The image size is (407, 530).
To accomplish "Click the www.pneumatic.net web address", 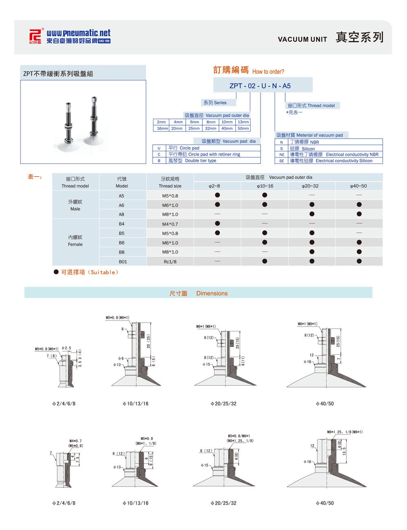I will [x=78, y=33].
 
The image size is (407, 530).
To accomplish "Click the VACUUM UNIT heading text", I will [x=302, y=40].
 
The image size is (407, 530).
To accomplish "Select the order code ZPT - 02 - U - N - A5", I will [x=260, y=86].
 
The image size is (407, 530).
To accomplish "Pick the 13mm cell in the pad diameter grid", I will [x=243, y=122].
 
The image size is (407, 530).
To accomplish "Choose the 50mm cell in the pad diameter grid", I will [x=243, y=128].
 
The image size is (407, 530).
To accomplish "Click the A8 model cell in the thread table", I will [x=122, y=214].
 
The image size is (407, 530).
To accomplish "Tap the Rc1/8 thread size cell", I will [x=170, y=262].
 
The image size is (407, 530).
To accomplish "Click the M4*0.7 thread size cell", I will [x=170, y=224].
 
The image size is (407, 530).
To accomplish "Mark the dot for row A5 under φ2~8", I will [x=217, y=195].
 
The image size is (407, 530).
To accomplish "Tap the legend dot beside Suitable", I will [x=56, y=272].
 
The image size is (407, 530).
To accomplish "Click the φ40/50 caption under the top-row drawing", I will [x=324, y=404].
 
